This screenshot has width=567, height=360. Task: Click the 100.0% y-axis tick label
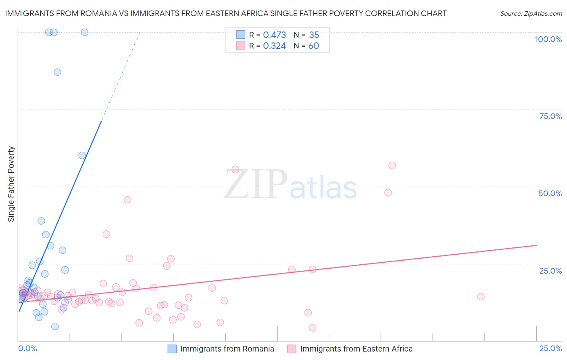tap(548, 39)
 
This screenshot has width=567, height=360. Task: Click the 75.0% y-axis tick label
tap(550, 116)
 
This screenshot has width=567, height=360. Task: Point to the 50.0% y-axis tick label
tap(550, 193)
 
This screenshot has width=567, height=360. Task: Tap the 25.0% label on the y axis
tap(550, 271)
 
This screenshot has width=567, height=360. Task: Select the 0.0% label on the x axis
tap(27, 348)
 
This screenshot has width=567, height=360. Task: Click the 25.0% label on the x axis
tap(550, 348)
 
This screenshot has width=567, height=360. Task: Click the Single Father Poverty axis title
tap(11, 184)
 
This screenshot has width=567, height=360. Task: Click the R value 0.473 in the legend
tap(274, 35)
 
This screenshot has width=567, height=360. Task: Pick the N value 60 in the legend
tap(313, 46)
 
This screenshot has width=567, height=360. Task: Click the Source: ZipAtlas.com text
tap(531, 14)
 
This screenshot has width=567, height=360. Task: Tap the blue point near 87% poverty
tap(57, 72)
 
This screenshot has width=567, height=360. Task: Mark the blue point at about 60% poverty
tap(82, 155)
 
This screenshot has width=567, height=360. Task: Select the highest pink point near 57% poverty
tap(392, 165)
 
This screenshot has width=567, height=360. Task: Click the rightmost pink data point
tap(481, 297)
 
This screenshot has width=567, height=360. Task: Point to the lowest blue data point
tap(55, 327)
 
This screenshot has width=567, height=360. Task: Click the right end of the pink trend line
tap(536, 245)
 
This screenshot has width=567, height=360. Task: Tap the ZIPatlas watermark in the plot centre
tap(290, 184)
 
